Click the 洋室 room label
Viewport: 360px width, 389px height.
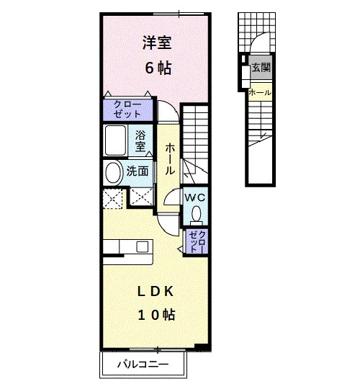[x=157, y=43]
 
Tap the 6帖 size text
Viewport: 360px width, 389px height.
[x=158, y=68]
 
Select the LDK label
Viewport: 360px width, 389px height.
[x=156, y=292]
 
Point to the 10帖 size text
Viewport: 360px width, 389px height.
[x=156, y=315]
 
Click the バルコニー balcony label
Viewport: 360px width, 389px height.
[x=143, y=365]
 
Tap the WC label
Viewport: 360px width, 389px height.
[x=195, y=197]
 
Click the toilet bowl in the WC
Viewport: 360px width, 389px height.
[x=197, y=214]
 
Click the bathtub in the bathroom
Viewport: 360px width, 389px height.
[x=115, y=140]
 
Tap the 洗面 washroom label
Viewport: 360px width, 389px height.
[x=138, y=171]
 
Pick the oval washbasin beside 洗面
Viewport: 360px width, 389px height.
[x=114, y=173]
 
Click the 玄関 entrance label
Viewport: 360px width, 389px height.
[x=261, y=67]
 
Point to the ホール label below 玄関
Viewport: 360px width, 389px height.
[x=260, y=93]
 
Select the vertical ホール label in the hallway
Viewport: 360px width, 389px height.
[x=170, y=158]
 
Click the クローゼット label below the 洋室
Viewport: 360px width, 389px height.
[x=127, y=109]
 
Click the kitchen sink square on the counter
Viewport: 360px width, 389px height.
[x=143, y=247]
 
